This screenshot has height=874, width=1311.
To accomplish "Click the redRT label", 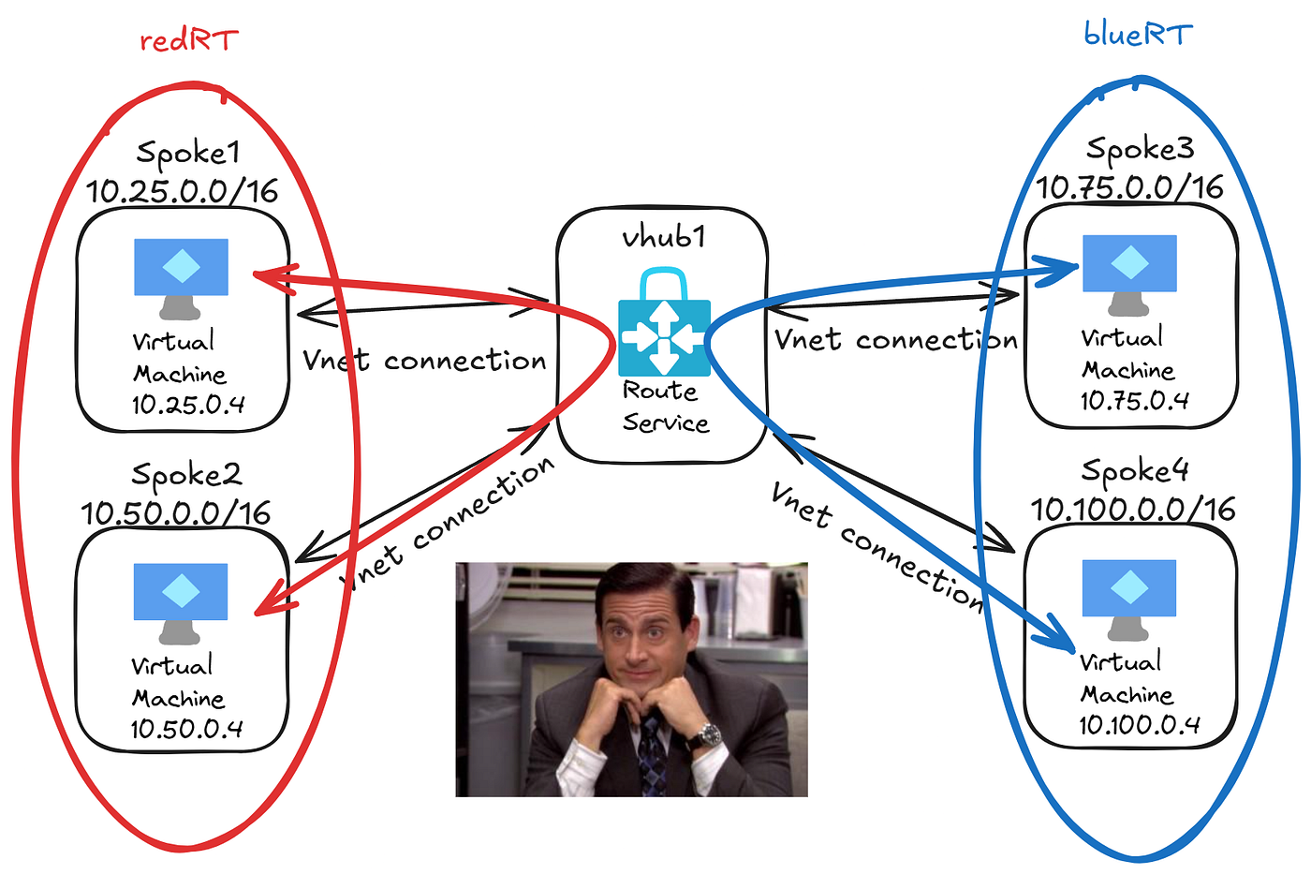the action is (189, 39).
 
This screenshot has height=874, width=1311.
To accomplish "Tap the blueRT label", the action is (1138, 35).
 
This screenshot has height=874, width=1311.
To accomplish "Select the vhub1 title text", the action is (664, 237).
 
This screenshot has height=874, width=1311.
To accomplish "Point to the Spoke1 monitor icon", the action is (181, 278).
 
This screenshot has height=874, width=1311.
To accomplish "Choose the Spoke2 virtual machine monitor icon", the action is (180, 603).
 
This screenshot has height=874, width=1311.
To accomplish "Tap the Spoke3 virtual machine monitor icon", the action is (1129, 275).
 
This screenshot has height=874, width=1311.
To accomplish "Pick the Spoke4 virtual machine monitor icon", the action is (1129, 600).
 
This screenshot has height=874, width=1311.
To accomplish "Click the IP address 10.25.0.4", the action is (188, 405).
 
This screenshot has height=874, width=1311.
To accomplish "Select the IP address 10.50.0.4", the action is (186, 729).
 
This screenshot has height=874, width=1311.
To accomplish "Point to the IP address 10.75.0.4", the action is (1135, 401).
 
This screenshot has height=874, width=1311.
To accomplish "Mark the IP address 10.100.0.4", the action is (1140, 725).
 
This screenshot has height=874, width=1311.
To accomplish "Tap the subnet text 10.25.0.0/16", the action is (182, 191).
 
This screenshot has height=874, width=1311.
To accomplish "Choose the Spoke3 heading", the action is (1140, 149).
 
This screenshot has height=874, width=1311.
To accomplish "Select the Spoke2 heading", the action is (186, 474).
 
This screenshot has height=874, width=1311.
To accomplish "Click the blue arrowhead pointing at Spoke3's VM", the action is (1055, 271).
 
